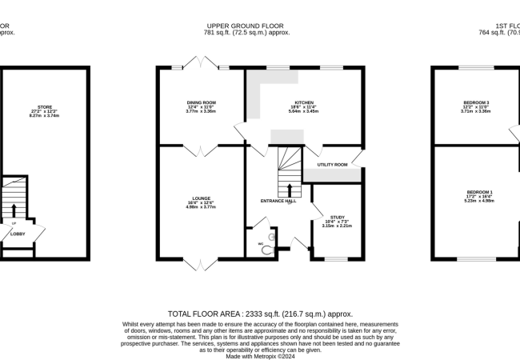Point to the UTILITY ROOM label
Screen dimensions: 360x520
tap(332, 164)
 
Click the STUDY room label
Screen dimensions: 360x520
tap(337, 217)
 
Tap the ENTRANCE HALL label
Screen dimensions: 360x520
tap(278, 201)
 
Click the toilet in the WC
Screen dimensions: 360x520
tap(269, 249)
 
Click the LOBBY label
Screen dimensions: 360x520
tap(18, 234)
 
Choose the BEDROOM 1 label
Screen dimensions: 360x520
tap(480, 193)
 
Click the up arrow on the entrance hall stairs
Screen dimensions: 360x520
tap(289, 189)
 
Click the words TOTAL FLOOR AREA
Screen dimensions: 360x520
tap(203, 314)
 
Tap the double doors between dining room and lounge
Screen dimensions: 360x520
tap(200, 149)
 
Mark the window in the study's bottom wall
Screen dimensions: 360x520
tap(335, 259)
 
